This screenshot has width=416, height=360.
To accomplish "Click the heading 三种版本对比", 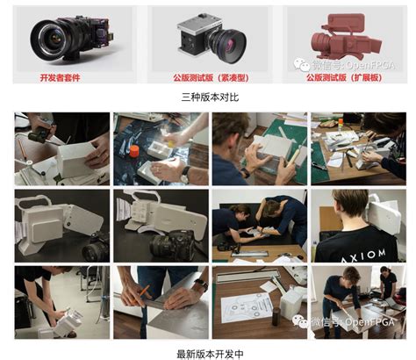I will (208, 97).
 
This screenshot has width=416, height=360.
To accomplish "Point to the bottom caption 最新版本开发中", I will (208, 351).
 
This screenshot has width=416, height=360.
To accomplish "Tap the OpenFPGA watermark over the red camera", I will (352, 64).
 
